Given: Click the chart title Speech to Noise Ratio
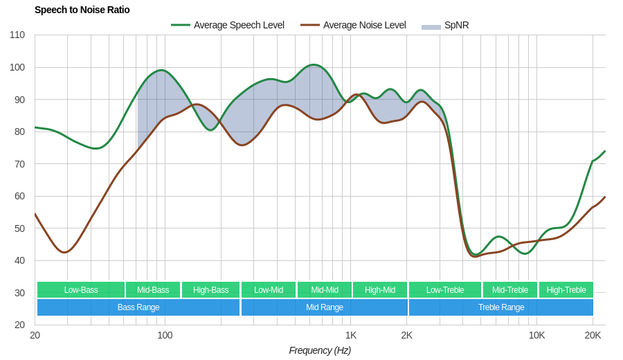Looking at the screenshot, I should point(82,10).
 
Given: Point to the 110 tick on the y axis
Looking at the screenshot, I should point(17,35).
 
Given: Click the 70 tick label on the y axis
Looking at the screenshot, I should point(19,164).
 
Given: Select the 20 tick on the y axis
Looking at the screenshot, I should point(19,325).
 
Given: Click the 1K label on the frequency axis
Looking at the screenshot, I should point(351,336).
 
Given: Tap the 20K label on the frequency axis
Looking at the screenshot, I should point(593,336).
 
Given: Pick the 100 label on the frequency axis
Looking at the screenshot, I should point(165,336).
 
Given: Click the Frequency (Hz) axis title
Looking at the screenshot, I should point(320,350).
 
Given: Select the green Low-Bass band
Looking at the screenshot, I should point(81,290).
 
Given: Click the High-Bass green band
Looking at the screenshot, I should point(210,290).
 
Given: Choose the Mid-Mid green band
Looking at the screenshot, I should point(324,290).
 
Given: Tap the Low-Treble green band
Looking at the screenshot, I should point(445,290).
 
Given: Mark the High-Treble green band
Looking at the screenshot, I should point(566,290).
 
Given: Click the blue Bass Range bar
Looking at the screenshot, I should point(138,307).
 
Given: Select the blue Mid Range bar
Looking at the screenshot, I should point(324,307).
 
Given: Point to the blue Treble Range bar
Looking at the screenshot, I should point(500,307).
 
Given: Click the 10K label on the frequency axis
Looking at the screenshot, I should point(536,336).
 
